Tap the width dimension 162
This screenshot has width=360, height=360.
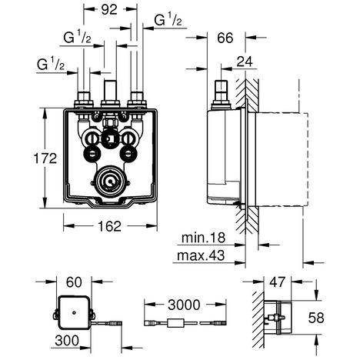(108, 227)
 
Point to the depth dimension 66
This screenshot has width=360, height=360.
(225, 37)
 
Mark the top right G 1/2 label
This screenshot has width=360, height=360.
(167, 20)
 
